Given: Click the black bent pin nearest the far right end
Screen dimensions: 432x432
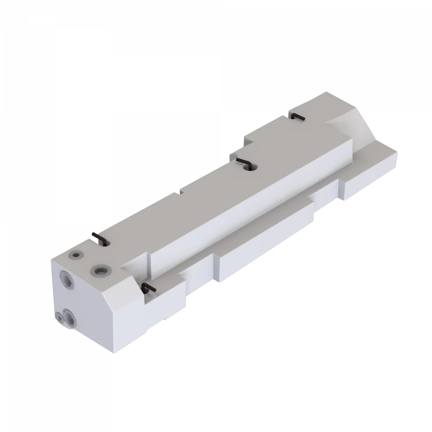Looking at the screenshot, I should tap(298, 117).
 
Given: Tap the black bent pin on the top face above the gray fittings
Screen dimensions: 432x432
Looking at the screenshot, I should tap(98, 239).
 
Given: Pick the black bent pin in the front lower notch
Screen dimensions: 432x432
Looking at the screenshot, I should tap(148, 287).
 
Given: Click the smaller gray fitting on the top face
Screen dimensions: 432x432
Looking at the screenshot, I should tap(76, 255).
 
